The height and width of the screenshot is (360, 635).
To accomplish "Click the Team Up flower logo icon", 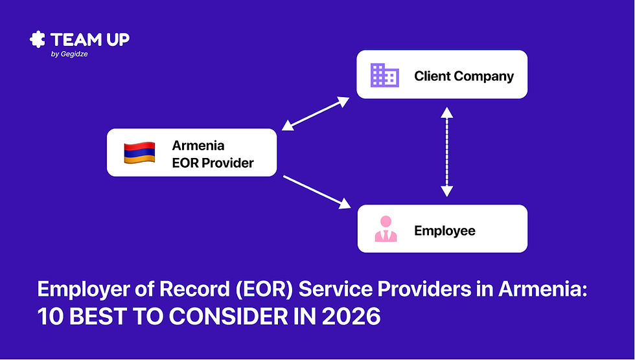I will (38, 39).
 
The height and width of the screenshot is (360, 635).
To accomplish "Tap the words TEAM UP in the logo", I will (90, 39).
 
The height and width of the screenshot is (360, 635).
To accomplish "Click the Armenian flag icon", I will (139, 152).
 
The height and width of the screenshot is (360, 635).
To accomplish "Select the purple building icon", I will (384, 76).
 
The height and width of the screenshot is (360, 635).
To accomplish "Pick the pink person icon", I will (386, 230).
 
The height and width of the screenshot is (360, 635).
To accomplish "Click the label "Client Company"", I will (464, 76).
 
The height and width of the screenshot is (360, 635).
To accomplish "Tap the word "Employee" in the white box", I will (444, 231).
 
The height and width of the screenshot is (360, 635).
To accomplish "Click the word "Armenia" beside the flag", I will (198, 145).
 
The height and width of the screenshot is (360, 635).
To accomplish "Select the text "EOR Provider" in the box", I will (213, 163).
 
